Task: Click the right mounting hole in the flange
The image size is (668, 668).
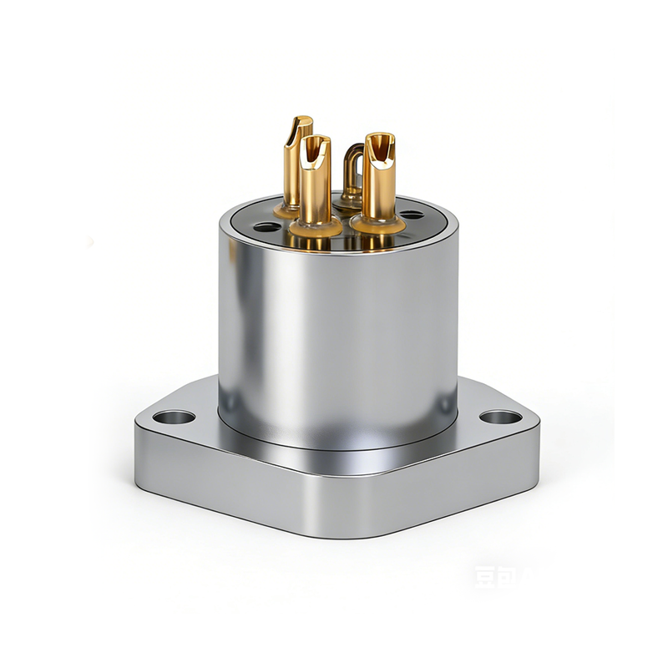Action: pyautogui.click(x=502, y=417)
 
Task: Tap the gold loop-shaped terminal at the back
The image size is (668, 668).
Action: pyautogui.click(x=353, y=171)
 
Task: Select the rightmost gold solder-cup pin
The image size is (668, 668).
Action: pyautogui.click(x=377, y=180)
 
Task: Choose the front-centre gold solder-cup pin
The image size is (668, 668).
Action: pyautogui.click(x=315, y=184)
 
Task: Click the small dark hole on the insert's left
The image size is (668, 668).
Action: pyautogui.click(x=266, y=226)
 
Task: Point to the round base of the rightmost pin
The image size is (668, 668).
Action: pyautogui.click(x=377, y=224)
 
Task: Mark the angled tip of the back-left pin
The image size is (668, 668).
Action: pyautogui.click(x=299, y=125)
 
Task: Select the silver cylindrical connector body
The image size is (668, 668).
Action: pyautogui.click(x=338, y=334)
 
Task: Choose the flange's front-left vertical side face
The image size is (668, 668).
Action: pyautogui.click(x=234, y=484)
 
